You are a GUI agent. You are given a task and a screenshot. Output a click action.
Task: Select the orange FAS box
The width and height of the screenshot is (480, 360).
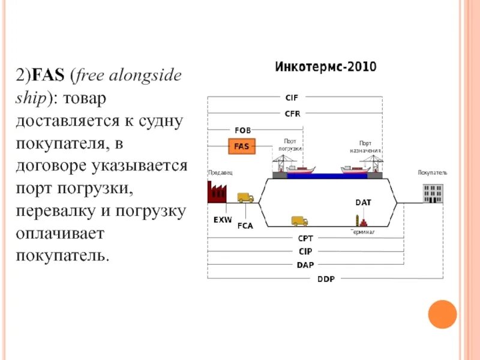241,146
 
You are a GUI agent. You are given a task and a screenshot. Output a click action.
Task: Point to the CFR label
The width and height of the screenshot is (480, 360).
292,113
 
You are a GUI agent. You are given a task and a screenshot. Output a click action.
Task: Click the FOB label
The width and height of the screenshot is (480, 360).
243,130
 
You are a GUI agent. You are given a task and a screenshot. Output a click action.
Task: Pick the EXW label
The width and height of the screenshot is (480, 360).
223,220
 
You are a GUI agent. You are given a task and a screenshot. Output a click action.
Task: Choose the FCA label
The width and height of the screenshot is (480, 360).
245,226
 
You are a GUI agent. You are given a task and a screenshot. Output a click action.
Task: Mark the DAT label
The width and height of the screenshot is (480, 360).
363,203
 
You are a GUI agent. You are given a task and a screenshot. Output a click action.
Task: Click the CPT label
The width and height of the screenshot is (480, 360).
305,239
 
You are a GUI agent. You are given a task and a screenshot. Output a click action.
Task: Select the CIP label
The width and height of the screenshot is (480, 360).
305,251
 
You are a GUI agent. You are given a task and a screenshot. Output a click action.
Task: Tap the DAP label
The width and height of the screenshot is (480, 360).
305,265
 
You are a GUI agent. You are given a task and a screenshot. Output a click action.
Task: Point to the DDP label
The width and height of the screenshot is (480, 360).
326,278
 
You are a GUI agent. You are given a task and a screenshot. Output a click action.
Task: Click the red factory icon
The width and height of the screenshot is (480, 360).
217,191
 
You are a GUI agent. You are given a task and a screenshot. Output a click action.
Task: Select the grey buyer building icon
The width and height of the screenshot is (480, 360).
432,193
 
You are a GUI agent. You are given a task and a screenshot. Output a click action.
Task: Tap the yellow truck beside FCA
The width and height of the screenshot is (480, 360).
245,197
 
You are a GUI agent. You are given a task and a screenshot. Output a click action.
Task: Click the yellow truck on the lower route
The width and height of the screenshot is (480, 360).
299,221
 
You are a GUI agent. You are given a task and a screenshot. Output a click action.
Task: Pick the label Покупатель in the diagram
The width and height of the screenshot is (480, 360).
433,173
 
